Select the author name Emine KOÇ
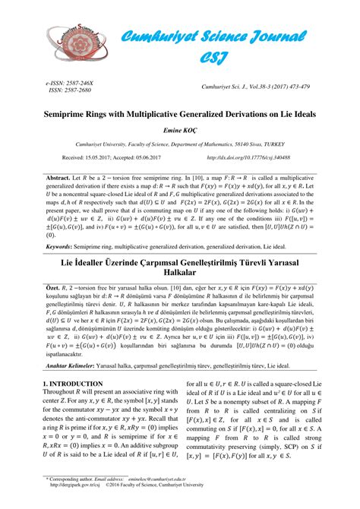click(x=179, y=130)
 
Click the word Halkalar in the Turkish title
click(x=180, y=273)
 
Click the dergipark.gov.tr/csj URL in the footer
click(x=74, y=502)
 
